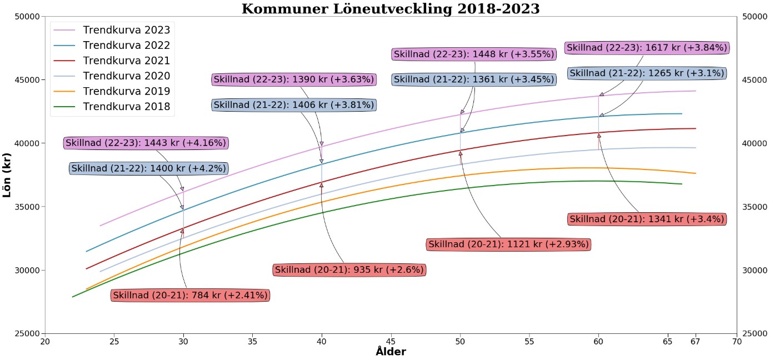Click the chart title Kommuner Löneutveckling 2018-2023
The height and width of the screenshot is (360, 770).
[x=391, y=9]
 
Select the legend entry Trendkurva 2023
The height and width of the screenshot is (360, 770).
[x=126, y=30]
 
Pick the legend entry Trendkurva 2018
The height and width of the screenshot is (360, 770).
[x=126, y=107]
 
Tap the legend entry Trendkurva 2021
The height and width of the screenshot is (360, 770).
[x=126, y=61]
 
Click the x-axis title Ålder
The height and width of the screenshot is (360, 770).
[x=391, y=352]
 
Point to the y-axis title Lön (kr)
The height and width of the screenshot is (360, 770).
[x=8, y=175]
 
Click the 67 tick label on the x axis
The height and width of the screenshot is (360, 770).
[x=696, y=341]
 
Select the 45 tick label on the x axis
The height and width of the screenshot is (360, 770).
[x=391, y=341]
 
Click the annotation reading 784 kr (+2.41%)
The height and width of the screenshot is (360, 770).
[x=191, y=296]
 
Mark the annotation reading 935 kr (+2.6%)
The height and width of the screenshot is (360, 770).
[x=349, y=270]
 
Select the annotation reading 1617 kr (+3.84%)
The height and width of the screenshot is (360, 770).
[x=647, y=48]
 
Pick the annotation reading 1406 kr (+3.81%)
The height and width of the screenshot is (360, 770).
[x=294, y=104]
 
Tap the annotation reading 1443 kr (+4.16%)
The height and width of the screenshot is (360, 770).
[x=146, y=143]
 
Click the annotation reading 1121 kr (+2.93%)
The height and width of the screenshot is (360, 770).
[x=508, y=244]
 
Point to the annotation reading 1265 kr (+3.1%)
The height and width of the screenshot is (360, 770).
[x=647, y=73]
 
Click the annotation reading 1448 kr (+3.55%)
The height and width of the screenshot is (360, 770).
[x=474, y=54]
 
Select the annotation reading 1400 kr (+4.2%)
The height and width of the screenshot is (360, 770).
[x=149, y=168]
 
